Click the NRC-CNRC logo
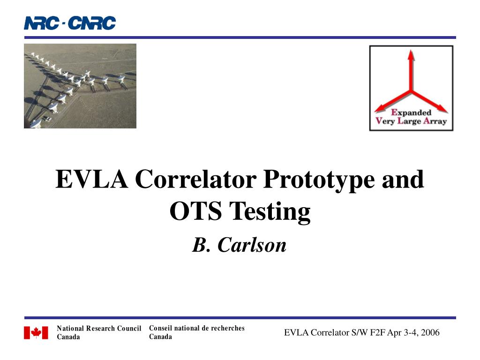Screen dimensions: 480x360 70,23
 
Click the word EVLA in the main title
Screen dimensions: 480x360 92,179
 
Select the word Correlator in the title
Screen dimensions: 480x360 195,179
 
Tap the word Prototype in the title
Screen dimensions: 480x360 319,180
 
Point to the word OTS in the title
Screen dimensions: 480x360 196,211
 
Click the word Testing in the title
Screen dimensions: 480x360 270,212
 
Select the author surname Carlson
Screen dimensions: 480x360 252,245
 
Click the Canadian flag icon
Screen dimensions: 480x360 36,332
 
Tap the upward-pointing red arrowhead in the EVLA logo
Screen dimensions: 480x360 411,55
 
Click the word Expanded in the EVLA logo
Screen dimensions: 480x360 411,113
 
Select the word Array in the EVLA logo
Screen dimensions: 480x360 435,121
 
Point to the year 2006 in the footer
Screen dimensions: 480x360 430,332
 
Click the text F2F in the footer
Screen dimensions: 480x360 377,332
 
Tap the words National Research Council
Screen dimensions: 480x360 99,329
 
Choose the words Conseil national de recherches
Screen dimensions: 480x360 197,328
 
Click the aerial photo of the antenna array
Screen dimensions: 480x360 80,86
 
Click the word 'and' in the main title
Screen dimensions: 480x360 403,179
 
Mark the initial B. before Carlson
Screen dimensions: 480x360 201,245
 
